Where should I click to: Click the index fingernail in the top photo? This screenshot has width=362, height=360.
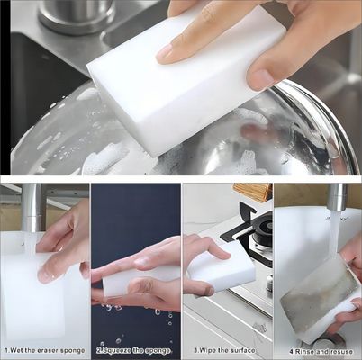click(166, 53)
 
